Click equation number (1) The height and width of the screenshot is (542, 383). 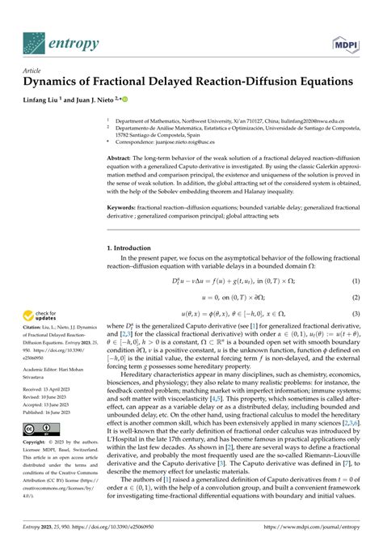point(354,281)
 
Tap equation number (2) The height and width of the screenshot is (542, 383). point(354,297)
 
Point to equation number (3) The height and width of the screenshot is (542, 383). point(354,313)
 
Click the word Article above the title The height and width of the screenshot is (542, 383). point(32,70)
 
